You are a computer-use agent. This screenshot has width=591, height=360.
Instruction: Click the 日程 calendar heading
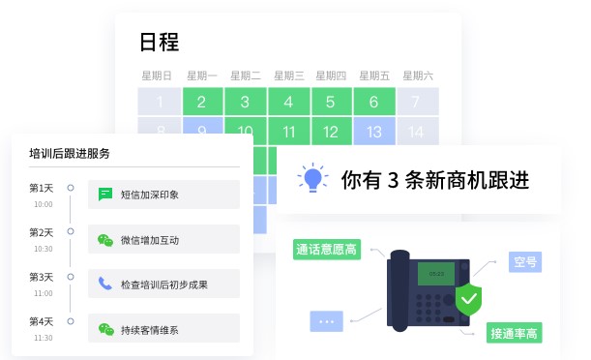[160, 43]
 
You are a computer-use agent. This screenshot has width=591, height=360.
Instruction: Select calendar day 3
[245, 102]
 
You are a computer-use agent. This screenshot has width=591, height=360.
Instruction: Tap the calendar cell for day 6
[372, 102]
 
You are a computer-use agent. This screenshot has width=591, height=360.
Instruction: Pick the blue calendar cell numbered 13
[372, 132]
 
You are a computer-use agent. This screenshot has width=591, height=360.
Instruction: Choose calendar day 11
[288, 132]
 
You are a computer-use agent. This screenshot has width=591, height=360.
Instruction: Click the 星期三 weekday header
[289, 75]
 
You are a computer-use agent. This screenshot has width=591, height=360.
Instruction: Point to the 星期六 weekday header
[417, 75]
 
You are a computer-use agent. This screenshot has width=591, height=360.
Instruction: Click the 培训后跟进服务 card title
[70, 153]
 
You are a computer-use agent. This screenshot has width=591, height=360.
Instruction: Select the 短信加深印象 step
[150, 195]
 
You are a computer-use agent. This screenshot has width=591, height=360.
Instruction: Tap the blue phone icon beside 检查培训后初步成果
[105, 285]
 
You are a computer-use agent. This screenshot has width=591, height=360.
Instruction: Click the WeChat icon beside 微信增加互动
[105, 240]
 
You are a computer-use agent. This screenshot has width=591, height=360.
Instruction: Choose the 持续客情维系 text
[150, 329]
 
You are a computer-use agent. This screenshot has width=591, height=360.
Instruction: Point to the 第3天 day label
[42, 277]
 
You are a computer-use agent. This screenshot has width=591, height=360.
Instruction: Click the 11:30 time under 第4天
[44, 338]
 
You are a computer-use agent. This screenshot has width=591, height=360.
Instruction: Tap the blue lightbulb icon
[311, 179]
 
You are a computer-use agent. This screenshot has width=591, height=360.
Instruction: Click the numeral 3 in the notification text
[393, 180]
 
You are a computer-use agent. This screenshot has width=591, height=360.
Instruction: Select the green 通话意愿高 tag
[326, 250]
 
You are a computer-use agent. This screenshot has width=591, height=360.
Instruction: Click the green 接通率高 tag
[515, 334]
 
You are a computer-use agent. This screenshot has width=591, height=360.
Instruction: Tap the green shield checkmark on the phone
[468, 299]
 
